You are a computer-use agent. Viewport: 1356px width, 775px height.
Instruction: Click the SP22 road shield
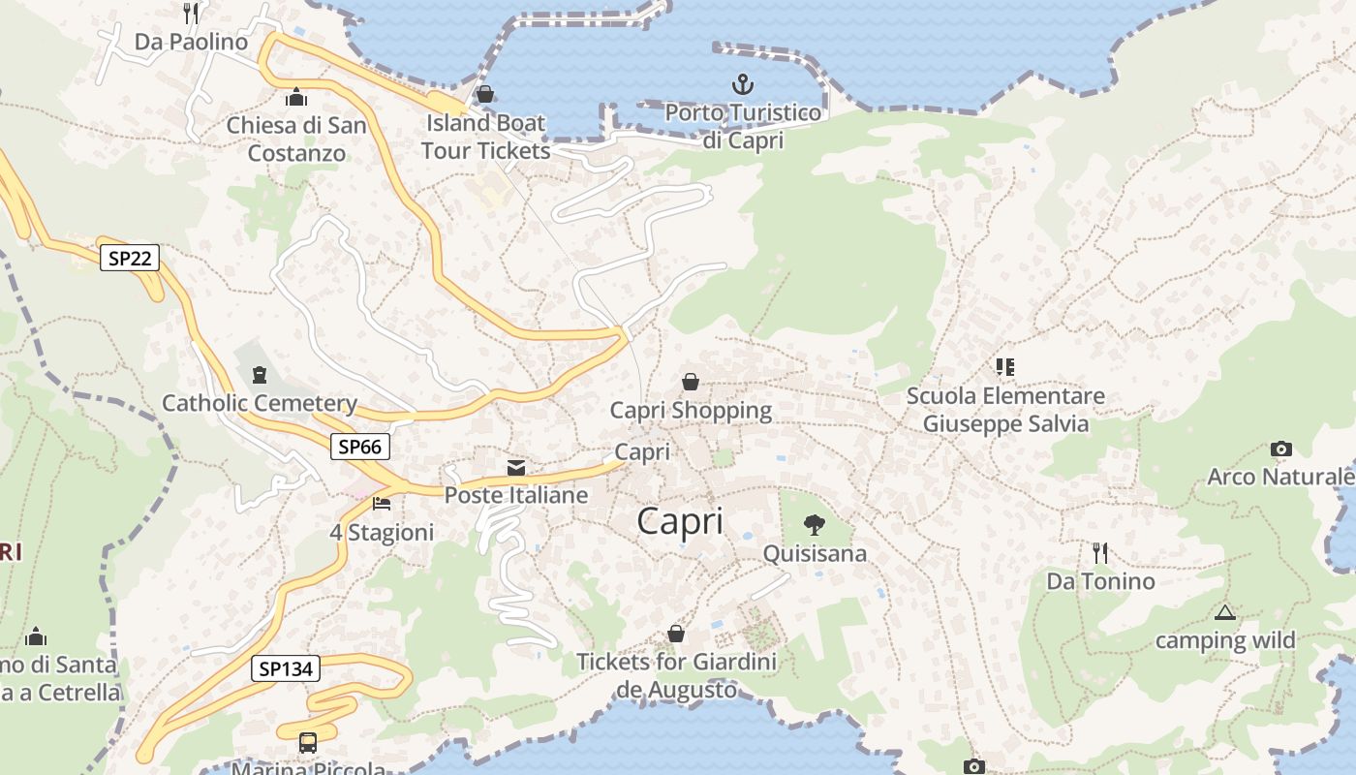click(x=129, y=258)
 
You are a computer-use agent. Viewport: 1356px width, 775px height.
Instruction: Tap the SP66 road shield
click(x=360, y=447)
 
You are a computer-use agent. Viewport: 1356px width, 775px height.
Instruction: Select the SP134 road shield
click(x=285, y=668)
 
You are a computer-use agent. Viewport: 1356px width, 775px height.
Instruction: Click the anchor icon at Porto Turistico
click(x=742, y=84)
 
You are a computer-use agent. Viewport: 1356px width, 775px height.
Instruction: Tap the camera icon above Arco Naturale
click(x=1280, y=449)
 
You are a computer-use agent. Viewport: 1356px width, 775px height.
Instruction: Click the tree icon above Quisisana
click(x=815, y=525)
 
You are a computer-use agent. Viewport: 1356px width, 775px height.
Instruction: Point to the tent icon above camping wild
click(x=1225, y=612)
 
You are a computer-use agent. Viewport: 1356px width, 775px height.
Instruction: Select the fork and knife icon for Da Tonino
click(x=1100, y=553)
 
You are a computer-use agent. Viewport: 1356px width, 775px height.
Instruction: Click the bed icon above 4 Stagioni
click(x=382, y=504)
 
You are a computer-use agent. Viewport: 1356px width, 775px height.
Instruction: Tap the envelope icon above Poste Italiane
click(x=516, y=468)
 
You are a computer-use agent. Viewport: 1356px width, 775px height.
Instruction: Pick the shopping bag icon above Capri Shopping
click(x=691, y=382)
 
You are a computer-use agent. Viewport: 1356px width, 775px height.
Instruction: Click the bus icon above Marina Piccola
click(x=308, y=743)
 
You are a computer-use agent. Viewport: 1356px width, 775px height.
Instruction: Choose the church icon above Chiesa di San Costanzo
click(x=296, y=97)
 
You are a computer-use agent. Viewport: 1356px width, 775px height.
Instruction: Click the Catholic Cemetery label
click(x=260, y=403)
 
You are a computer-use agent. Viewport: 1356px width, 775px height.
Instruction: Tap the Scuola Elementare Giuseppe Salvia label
click(x=1005, y=410)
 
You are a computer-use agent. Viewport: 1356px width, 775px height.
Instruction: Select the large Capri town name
click(x=680, y=521)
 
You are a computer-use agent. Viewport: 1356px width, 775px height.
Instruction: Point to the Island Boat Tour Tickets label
click(x=485, y=137)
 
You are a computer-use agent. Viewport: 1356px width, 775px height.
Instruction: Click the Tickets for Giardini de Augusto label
click(x=676, y=676)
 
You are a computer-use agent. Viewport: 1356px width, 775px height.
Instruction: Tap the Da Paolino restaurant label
click(x=191, y=42)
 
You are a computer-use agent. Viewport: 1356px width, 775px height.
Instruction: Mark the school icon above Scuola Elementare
click(x=1004, y=366)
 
